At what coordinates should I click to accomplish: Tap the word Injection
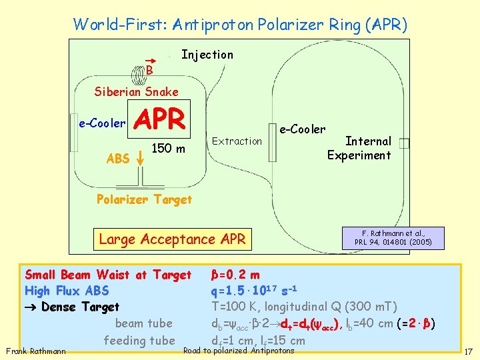point(207,55)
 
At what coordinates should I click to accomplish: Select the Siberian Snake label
point(136,91)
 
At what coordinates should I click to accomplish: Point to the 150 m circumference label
point(169,147)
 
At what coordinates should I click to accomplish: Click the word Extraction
point(237,141)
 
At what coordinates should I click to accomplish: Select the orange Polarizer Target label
point(144,199)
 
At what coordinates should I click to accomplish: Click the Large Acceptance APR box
point(172,239)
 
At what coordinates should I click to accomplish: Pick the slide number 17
point(468,351)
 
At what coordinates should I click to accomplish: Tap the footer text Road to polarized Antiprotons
point(239,351)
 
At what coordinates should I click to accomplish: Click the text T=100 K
point(234,307)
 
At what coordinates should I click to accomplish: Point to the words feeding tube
point(139,340)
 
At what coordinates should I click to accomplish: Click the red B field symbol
point(150,69)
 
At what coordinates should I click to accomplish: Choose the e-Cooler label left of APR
point(102,123)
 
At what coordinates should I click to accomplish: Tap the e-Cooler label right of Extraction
point(302,129)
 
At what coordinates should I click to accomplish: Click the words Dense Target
point(80,307)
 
